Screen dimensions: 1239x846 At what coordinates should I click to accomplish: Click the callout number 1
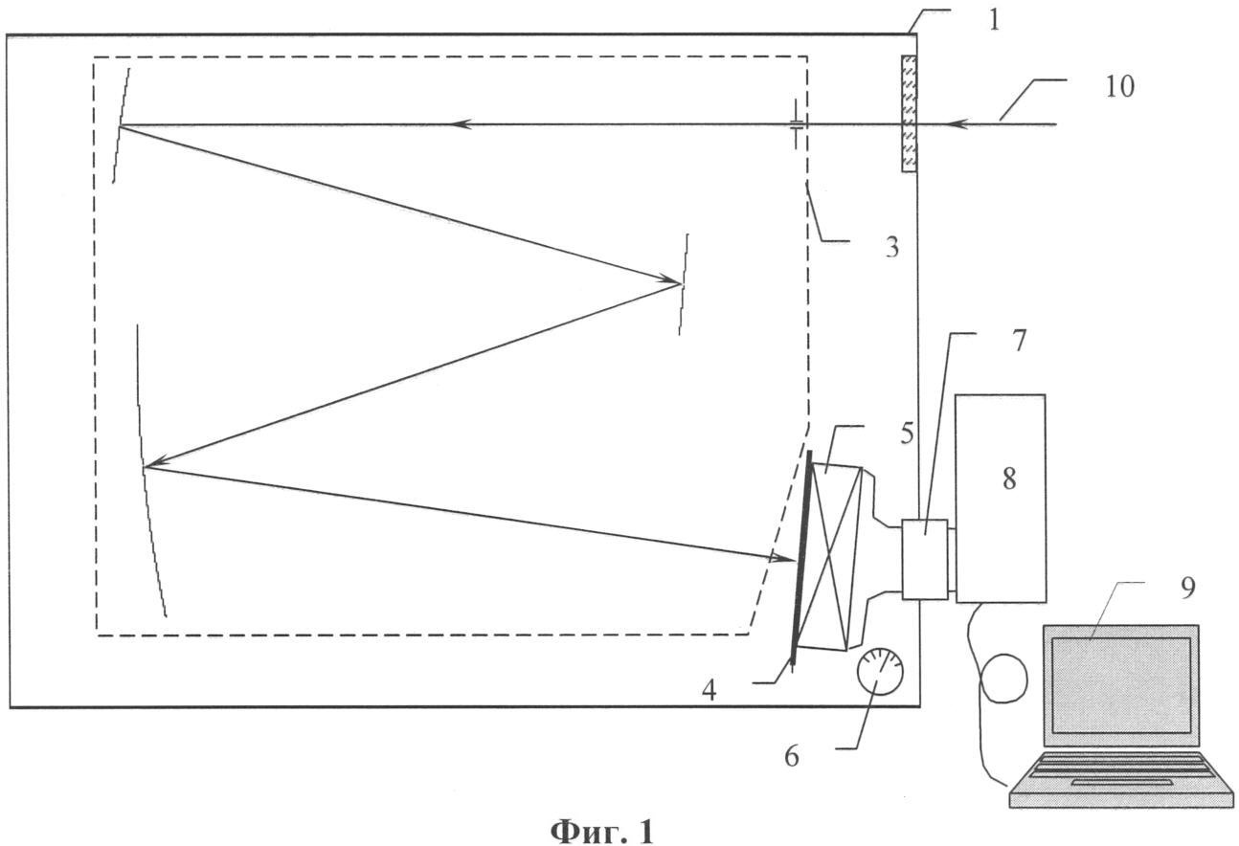[x=994, y=21]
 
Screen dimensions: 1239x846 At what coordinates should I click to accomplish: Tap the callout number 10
[x=1119, y=87]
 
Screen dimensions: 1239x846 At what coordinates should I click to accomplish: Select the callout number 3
[x=892, y=248]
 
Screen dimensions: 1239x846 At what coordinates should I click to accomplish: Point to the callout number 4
[x=709, y=690]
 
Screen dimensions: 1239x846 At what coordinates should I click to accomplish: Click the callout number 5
[x=907, y=434]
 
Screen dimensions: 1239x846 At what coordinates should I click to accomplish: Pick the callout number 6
[x=792, y=756]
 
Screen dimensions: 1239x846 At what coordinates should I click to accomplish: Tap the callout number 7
[x=1019, y=341]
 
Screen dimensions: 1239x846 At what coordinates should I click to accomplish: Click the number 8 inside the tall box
[x=1009, y=479]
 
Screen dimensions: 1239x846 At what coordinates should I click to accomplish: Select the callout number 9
[x=1187, y=588]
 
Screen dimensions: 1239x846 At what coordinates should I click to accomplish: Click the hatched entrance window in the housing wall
[x=909, y=113]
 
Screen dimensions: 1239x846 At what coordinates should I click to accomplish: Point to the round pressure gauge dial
[x=880, y=671]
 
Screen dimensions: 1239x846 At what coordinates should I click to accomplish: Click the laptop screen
[x=1120, y=685]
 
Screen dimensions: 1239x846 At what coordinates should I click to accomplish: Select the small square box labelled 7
[x=924, y=559]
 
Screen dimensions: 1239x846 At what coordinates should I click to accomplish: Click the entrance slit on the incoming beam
[x=796, y=123]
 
